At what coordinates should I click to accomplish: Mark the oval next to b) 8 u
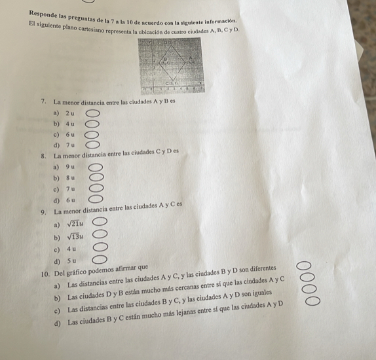[x=96, y=177]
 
